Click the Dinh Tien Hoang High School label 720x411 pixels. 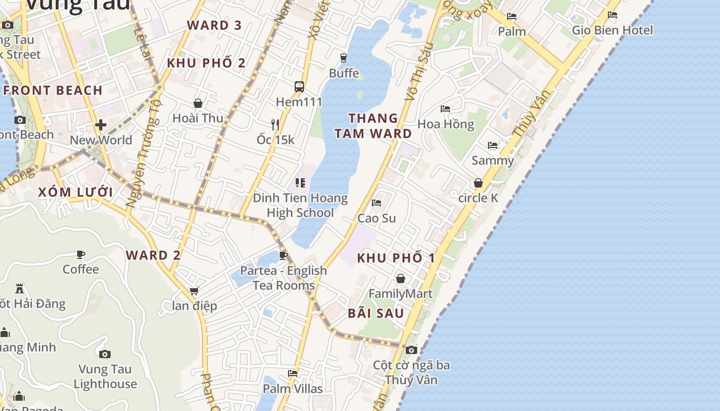pos(300,206)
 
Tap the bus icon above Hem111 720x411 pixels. pos(299,86)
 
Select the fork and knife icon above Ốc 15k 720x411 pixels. pos(275,124)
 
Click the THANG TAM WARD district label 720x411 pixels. pos(373,126)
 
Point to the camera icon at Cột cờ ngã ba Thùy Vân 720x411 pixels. pos(411,350)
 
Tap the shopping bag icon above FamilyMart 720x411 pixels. pos(401,278)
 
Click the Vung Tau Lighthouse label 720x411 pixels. pos(105,376)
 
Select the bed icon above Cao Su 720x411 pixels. pos(376,203)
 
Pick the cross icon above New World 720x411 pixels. pos(101,125)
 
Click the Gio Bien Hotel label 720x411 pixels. pos(612,30)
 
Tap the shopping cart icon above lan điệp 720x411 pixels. pos(194,291)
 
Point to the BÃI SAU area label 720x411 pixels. pos(376,313)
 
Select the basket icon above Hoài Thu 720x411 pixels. pos(198,104)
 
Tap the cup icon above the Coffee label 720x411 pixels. pos(81,254)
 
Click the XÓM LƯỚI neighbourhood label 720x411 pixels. pos(76,192)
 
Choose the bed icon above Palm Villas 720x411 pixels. pos(293,373)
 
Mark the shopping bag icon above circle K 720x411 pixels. pos(478,183)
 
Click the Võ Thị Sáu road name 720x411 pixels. pos(418,72)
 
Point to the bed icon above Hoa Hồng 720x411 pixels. pos(445,109)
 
